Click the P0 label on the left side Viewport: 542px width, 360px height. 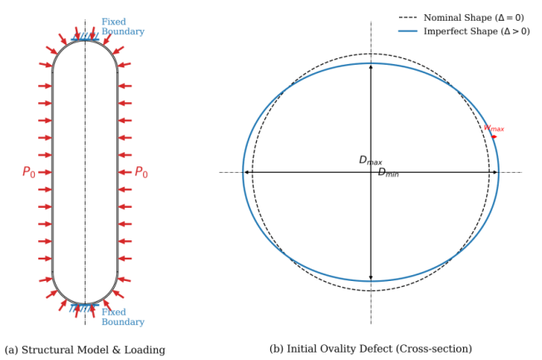(29, 172)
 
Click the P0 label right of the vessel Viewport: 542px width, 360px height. (141, 172)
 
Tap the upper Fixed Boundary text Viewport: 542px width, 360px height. (123, 27)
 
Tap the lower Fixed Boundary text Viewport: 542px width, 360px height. (123, 317)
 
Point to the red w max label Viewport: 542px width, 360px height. (494, 128)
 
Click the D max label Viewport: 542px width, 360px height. (371, 160)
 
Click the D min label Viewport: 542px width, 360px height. (388, 172)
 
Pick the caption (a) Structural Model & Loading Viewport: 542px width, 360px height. (85, 350)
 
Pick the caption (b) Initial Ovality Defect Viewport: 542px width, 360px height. (371, 348)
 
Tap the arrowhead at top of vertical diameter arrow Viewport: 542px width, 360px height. (371, 66)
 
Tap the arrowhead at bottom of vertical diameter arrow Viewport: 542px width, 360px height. (371, 279)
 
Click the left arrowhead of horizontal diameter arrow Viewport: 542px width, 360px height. (246, 172)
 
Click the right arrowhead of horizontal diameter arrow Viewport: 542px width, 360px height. (495, 172)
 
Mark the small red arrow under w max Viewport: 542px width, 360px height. (495, 137)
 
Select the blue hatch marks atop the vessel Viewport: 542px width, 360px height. (85, 37)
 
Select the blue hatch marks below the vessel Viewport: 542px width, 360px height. (84, 308)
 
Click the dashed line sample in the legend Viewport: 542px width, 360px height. (407, 17)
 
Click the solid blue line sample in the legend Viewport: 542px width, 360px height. (407, 32)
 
